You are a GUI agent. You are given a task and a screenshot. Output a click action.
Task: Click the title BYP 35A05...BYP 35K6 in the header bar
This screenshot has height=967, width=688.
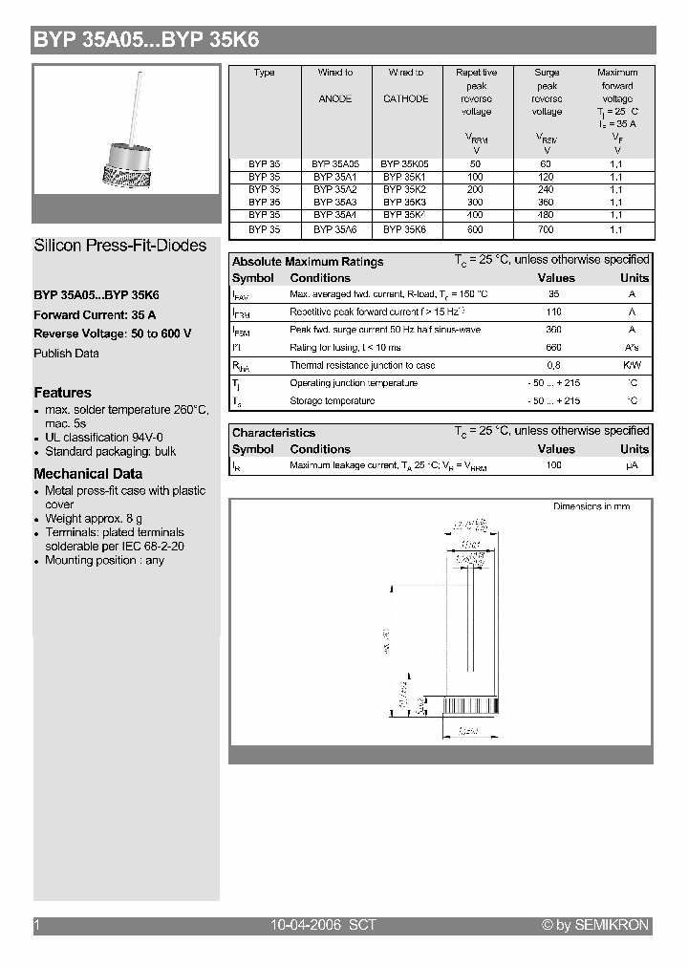[x=146, y=40]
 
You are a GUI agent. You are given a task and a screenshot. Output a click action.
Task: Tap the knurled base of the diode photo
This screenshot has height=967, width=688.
[x=127, y=175]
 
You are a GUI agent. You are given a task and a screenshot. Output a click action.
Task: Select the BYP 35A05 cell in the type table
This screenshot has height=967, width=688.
[x=335, y=163]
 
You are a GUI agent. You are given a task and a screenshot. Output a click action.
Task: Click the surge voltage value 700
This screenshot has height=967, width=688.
[x=547, y=230]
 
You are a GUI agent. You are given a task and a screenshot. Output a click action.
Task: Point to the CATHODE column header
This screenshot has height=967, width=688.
[x=406, y=98]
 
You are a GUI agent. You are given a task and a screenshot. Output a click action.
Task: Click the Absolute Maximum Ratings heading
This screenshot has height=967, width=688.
[x=308, y=261]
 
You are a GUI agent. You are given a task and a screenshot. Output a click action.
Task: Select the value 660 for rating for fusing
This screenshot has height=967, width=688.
[x=553, y=348]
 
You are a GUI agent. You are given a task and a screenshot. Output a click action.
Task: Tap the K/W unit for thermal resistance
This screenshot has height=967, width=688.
[x=632, y=365]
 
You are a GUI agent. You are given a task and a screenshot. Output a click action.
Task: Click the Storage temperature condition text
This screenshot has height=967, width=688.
[x=332, y=400]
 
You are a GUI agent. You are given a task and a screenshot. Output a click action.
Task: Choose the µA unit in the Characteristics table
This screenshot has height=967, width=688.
[x=632, y=465]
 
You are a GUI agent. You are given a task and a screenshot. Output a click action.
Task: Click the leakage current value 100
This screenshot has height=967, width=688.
[x=553, y=465]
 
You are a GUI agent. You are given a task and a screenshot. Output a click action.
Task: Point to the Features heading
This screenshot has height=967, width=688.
[x=63, y=393]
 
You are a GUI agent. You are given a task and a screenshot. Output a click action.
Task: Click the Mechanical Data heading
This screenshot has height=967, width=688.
[x=88, y=474]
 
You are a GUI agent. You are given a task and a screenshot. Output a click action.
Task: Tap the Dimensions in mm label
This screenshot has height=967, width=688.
[x=591, y=506]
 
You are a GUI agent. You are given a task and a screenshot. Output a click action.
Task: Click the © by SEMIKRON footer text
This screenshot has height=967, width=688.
[x=594, y=925]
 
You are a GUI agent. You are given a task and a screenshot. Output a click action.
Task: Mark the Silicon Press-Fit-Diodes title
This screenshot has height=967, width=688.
[x=120, y=246]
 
